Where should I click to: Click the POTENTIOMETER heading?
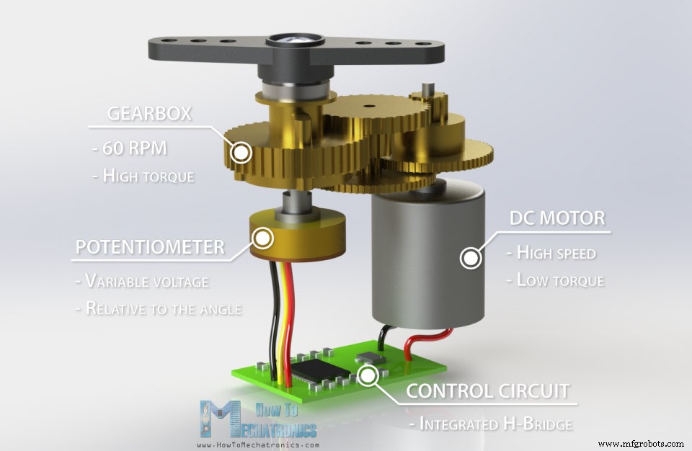pyautogui.click(x=150, y=247)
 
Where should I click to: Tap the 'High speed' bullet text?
pyautogui.click(x=553, y=253)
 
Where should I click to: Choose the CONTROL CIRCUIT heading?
pyautogui.click(x=487, y=391)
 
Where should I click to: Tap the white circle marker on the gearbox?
pyautogui.click(x=240, y=152)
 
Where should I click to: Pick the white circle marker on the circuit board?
pyautogui.click(x=369, y=375)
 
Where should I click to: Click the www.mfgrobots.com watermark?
pyautogui.click(x=641, y=444)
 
